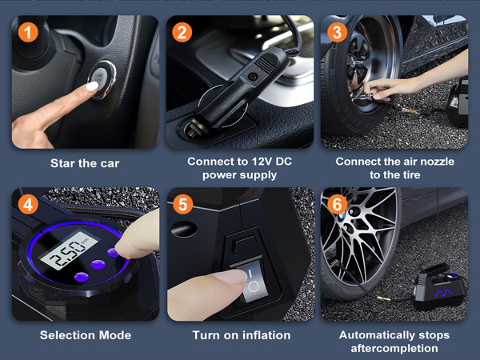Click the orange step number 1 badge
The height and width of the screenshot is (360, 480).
27,34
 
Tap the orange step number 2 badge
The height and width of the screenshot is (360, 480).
182,34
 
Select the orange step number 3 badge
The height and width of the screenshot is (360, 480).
338,34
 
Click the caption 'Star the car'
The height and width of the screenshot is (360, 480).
85,163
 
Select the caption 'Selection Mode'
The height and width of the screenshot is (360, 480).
85,334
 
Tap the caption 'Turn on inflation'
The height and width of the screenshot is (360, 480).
242,334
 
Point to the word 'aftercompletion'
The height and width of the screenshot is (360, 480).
394,348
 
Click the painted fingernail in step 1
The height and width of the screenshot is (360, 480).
93,85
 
